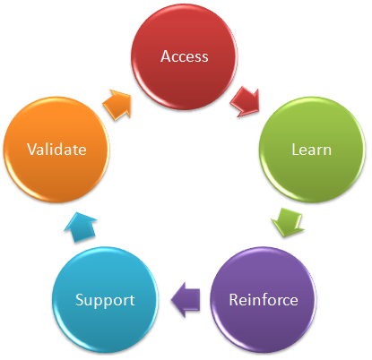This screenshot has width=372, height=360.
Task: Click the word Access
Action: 185,56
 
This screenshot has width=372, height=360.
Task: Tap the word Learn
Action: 312,150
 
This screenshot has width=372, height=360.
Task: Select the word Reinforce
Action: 264,299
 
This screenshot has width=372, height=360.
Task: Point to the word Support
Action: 105,300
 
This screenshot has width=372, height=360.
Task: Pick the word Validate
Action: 56,149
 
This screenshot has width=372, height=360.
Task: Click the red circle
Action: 185,56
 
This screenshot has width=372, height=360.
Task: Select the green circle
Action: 312,150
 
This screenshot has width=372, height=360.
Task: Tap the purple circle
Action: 264,300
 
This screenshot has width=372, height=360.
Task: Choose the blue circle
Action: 105,300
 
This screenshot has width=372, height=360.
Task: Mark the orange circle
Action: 56,150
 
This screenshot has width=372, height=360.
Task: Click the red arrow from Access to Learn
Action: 246,101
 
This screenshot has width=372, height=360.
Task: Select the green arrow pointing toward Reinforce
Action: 288,222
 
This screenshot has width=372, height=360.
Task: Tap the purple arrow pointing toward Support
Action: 186,299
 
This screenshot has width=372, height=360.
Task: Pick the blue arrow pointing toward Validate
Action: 81,227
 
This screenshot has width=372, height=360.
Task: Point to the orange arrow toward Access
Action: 117,104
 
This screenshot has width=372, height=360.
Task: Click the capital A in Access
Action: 166,56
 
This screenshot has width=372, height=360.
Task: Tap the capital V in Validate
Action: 32,149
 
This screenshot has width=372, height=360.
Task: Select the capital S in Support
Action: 80,300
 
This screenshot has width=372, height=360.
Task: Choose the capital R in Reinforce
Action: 234,299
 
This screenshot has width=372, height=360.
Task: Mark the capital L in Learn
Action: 296,150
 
